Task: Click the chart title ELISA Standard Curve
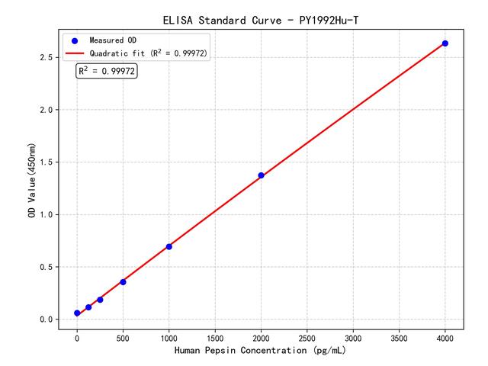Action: (x=260, y=19)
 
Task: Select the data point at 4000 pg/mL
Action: (x=445, y=43)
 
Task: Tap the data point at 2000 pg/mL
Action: (x=261, y=175)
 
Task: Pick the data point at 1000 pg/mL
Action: (x=169, y=246)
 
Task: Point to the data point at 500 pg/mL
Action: (x=123, y=282)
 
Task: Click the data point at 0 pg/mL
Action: (x=77, y=313)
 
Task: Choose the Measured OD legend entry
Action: (x=110, y=40)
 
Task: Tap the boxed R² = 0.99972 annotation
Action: (x=107, y=71)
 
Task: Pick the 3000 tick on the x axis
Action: (x=353, y=336)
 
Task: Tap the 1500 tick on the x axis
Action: (x=215, y=336)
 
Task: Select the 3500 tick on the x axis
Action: (x=399, y=336)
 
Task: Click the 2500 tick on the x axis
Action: (x=307, y=336)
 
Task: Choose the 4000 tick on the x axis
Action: (x=445, y=336)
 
